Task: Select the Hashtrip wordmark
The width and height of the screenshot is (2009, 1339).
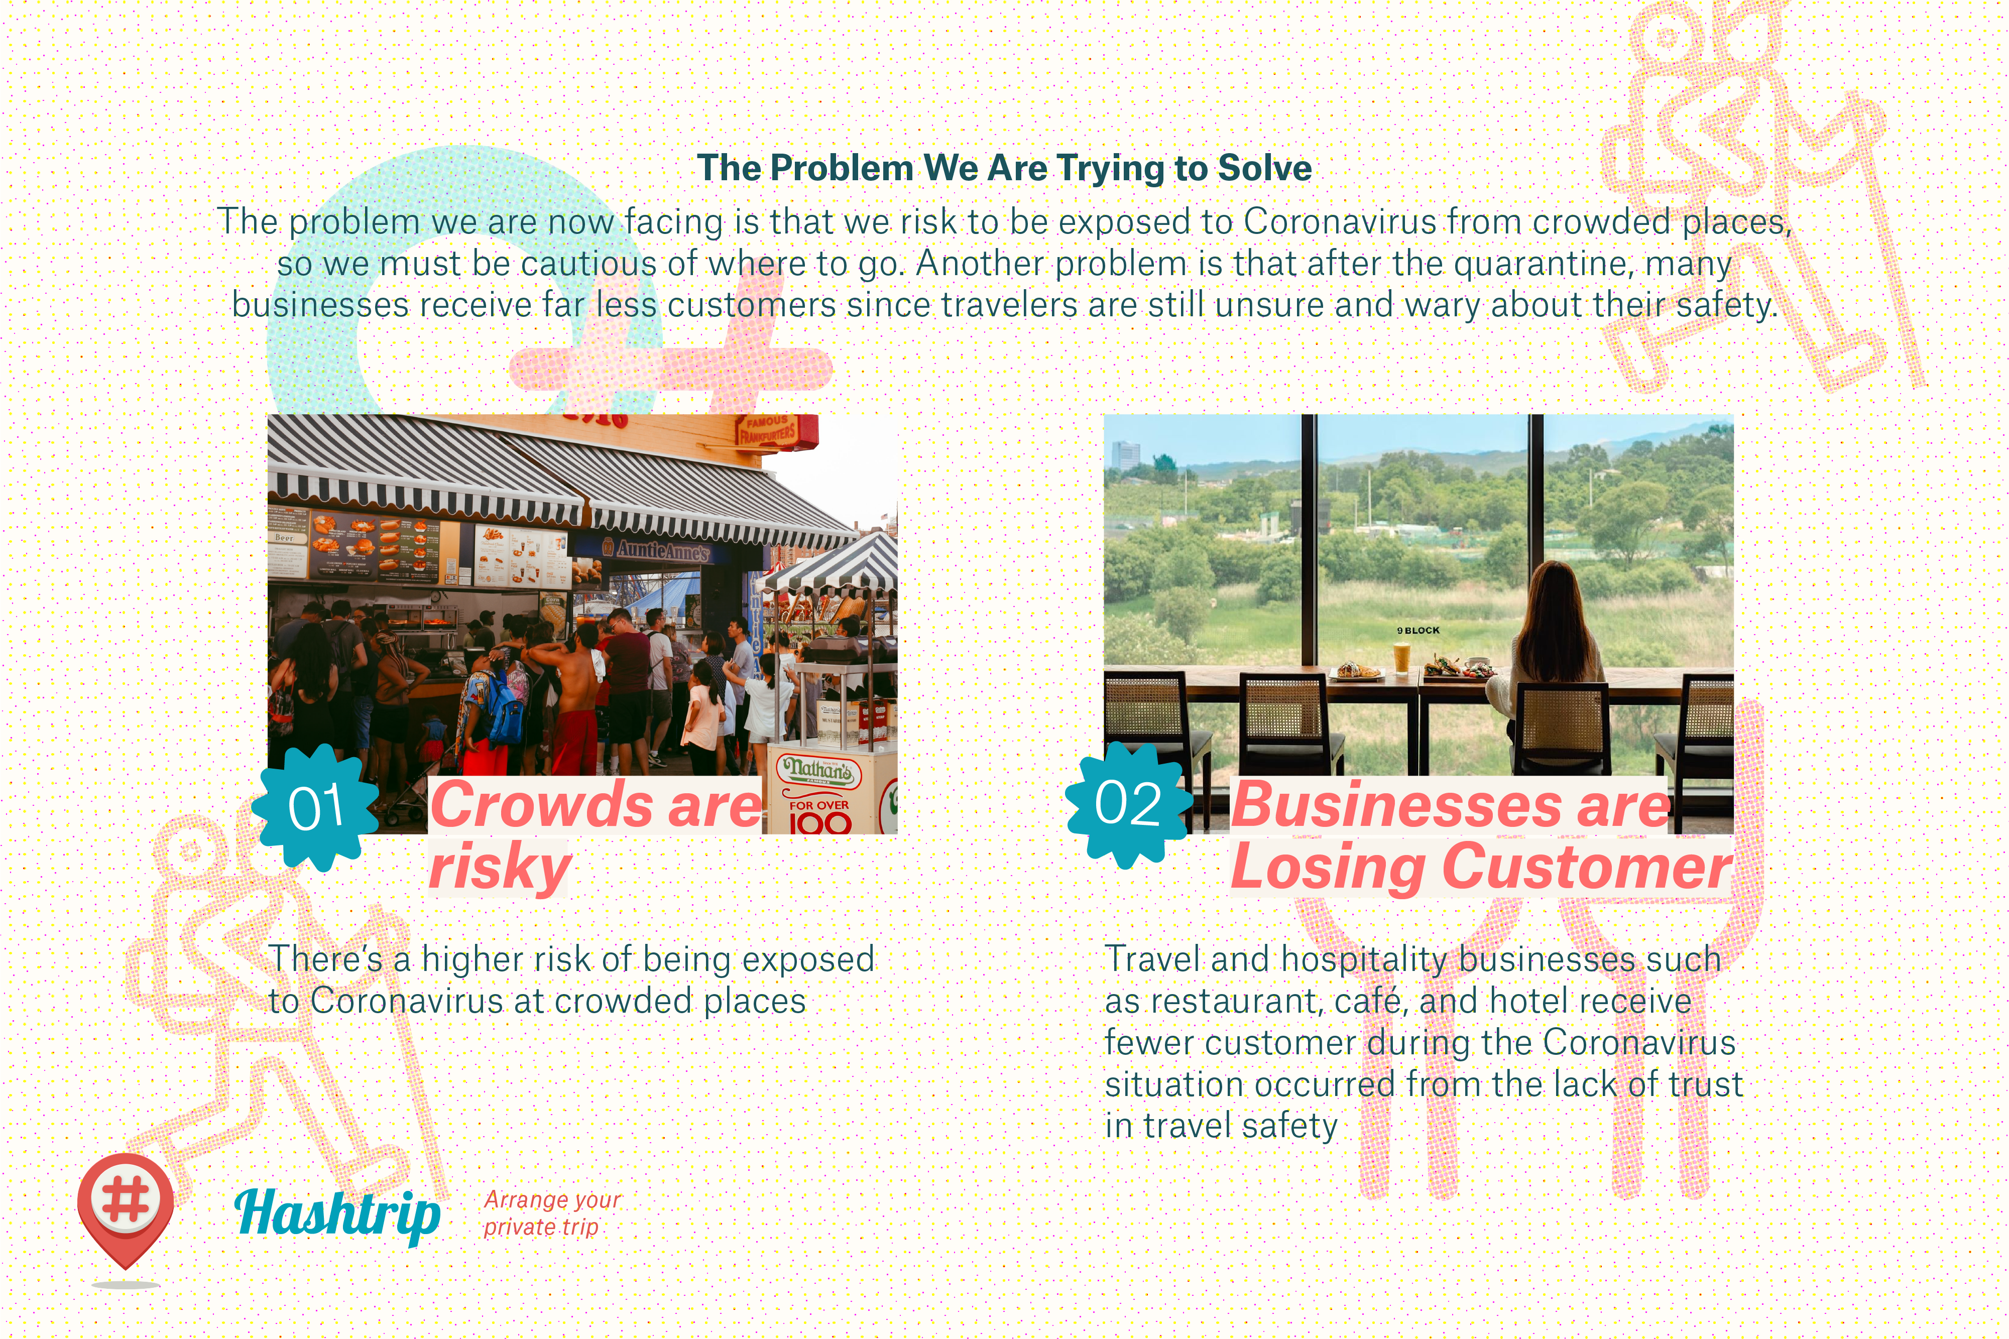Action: click(x=337, y=1214)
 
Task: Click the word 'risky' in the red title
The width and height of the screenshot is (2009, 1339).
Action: click(x=500, y=867)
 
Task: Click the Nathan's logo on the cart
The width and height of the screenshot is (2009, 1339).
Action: click(x=818, y=770)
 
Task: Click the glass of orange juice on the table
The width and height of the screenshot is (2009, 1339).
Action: click(x=1401, y=658)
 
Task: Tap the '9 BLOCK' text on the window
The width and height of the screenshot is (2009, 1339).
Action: click(x=1418, y=630)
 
